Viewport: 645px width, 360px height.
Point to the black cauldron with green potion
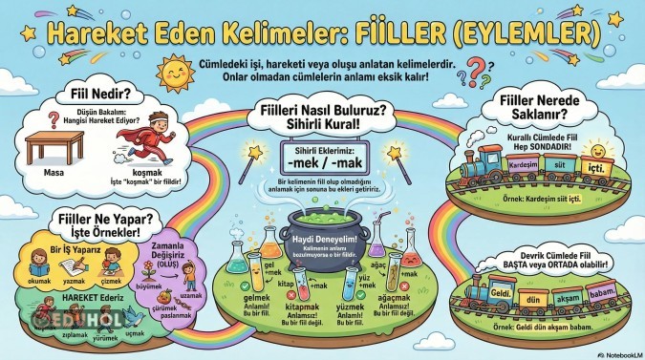point(321,230)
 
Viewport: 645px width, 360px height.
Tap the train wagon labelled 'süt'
point(548,164)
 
